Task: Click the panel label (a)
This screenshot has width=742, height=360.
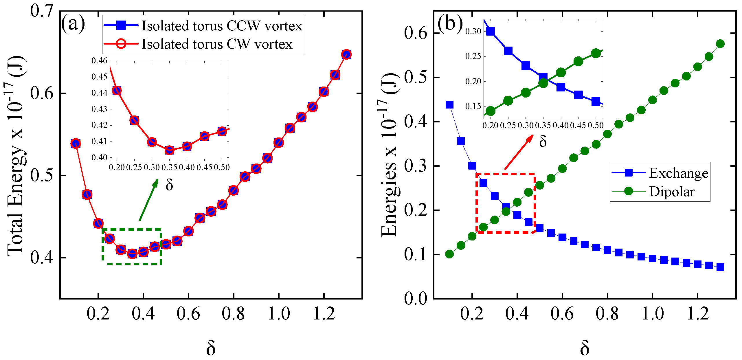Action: (x=73, y=24)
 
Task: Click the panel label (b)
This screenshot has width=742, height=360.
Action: (x=450, y=23)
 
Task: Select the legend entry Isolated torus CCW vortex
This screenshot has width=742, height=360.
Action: (x=221, y=26)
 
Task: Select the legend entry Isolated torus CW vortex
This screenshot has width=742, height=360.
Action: (x=217, y=44)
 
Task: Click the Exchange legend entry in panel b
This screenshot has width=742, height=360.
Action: (x=678, y=173)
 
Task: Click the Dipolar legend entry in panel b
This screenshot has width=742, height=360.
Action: (x=671, y=192)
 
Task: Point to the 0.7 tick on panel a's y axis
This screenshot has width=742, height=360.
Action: (x=42, y=11)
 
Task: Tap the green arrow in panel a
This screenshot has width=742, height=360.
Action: (x=148, y=200)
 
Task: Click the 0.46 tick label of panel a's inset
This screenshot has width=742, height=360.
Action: (x=99, y=61)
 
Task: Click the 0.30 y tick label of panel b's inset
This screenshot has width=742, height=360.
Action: (x=473, y=31)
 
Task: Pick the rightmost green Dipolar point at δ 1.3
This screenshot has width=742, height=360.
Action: (x=720, y=44)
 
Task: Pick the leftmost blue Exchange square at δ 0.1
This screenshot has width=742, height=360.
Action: (x=449, y=105)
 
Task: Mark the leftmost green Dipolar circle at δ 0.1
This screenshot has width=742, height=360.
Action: (x=449, y=254)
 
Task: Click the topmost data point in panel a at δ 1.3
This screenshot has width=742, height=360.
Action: (x=346, y=54)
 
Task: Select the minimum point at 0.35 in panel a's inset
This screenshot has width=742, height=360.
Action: (x=169, y=150)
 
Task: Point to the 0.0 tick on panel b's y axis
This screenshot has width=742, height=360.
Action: (x=416, y=298)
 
